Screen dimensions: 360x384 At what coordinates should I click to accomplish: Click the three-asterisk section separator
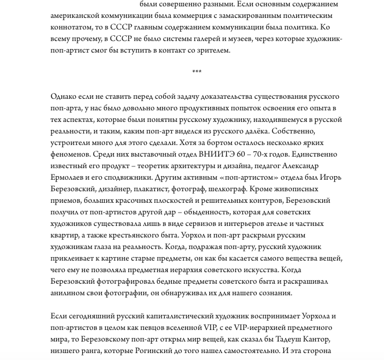(x=197, y=72)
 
